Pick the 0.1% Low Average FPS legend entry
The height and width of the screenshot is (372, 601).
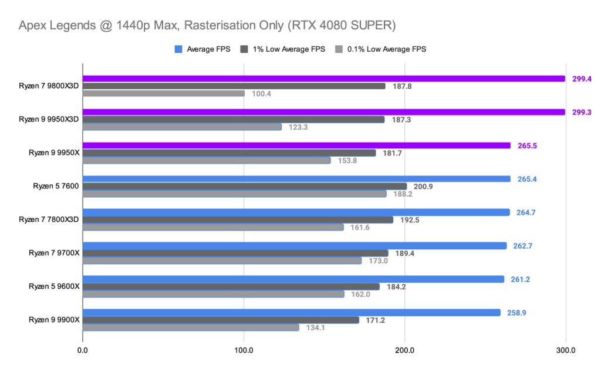379,49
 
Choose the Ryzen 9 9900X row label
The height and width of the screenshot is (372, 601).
54,320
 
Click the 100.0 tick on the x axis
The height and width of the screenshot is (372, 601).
244,350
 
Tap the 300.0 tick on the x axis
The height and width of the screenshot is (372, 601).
565,350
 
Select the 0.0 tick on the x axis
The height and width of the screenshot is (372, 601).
83,350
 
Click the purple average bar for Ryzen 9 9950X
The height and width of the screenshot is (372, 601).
296,146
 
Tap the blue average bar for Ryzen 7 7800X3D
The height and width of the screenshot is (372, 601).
296,212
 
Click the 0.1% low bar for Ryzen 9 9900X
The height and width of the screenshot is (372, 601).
191,327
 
